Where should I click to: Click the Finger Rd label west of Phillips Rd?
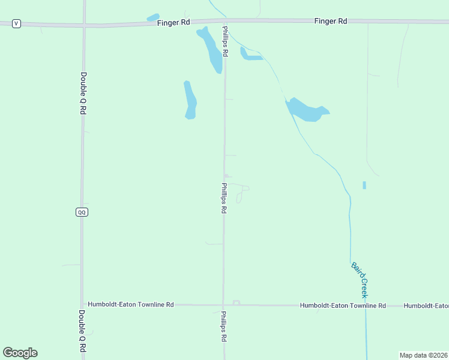coord(173,22)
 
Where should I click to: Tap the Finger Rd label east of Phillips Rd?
coord(331,21)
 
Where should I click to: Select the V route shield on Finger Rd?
coord(16,23)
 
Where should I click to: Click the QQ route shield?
coord(82,212)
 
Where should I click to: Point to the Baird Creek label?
coord(359,280)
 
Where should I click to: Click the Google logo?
coord(20,353)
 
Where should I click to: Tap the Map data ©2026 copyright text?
coord(424,355)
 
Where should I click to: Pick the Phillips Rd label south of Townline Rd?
coord(223,326)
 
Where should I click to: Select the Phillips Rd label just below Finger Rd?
coord(225,41)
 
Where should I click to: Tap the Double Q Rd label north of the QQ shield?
coord(83,94)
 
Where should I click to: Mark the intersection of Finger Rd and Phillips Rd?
coord(224,22)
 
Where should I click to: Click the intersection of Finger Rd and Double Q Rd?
coord(84,25)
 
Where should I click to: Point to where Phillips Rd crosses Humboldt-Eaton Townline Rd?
coord(223,305)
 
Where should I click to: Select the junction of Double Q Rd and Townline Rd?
coord(82,305)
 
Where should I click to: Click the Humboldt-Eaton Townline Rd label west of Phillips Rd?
coord(131,305)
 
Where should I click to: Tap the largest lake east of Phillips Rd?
coord(306,110)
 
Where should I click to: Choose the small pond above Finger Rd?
coord(153,17)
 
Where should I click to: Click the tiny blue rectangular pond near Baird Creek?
coord(364,185)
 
